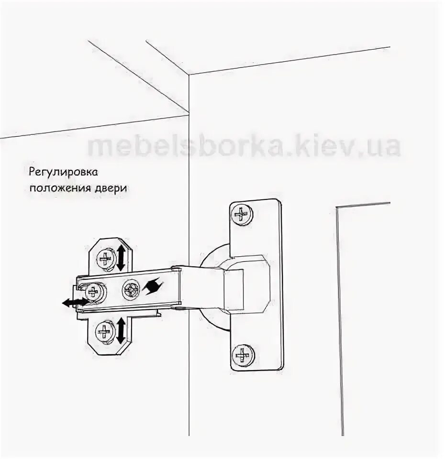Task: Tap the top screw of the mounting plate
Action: click(104, 260)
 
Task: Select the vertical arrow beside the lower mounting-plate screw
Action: click(121, 330)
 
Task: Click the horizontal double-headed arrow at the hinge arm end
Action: click(75, 302)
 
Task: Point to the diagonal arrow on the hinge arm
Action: click(152, 287)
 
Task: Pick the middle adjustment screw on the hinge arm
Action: click(131, 289)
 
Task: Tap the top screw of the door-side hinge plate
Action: click(242, 214)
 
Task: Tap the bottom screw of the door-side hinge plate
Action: click(243, 355)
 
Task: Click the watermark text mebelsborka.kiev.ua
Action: click(244, 146)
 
